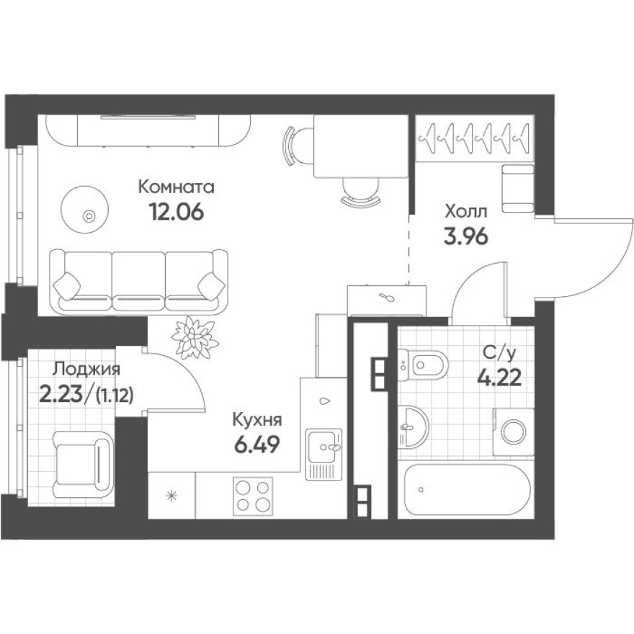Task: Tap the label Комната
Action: click(x=177, y=188)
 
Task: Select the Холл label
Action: click(x=465, y=211)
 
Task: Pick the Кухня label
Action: click(x=256, y=420)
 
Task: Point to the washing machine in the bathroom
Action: click(x=513, y=432)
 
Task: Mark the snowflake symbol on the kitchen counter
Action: click(x=171, y=495)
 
